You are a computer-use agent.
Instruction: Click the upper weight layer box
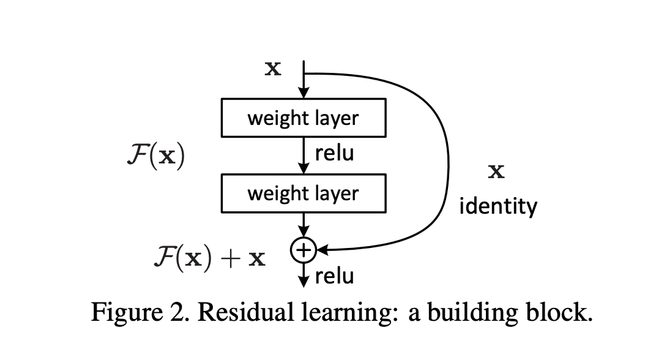[303, 118]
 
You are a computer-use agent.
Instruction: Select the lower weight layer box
[303, 193]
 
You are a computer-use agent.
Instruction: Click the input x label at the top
[273, 68]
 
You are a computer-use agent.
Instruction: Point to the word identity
[498, 206]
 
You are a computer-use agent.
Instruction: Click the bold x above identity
[496, 172]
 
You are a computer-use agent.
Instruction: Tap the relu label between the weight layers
[334, 154]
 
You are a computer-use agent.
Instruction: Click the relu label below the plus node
[334, 276]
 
